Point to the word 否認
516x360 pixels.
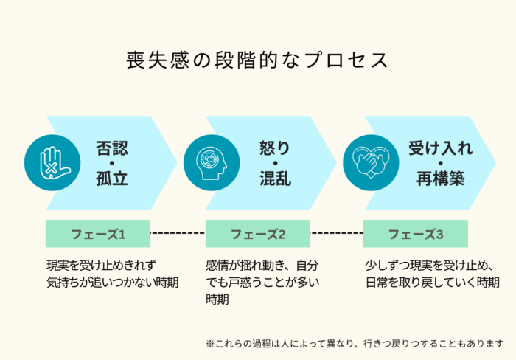112,148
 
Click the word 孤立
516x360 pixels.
112,179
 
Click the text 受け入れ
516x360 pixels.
440,148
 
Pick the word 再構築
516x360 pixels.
440,179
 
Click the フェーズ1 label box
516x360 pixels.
98,234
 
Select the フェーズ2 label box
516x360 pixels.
258,234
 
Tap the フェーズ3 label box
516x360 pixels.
417,234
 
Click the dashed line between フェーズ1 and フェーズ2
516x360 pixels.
178,234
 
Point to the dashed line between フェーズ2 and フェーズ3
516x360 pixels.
338,234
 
